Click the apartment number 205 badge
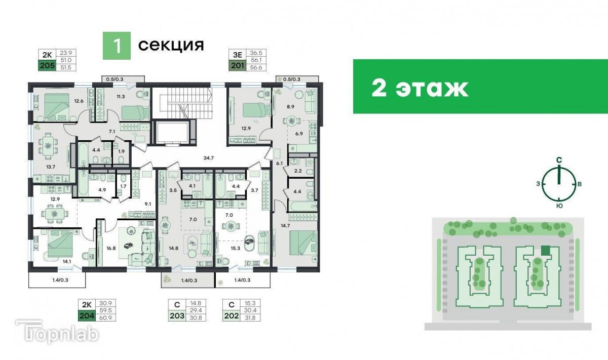(47, 66)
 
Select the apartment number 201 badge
(238, 66)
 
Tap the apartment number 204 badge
(87, 316)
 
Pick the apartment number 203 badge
(177, 316)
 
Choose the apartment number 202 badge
(231, 316)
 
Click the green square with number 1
(117, 46)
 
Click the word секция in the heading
(171, 45)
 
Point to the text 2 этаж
(420, 88)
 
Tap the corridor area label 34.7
(208, 157)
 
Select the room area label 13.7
(51, 167)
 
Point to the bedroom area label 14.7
(285, 225)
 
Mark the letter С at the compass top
(559, 160)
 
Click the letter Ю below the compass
(559, 206)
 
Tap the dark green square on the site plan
(546, 251)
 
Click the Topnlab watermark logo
(57, 332)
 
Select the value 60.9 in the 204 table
(105, 317)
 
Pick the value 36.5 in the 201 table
(256, 53)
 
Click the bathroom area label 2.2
(298, 171)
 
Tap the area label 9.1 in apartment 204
(147, 204)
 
